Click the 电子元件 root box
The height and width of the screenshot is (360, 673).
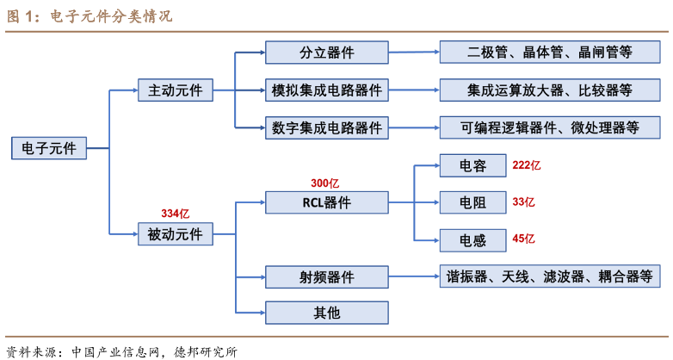[x=48, y=148]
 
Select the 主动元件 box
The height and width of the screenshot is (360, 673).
[x=176, y=90]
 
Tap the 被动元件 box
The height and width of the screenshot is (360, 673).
[x=176, y=233]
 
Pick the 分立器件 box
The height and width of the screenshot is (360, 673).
[x=327, y=53]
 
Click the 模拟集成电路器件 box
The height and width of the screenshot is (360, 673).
[x=327, y=90]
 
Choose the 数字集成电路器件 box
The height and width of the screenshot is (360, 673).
[x=327, y=127]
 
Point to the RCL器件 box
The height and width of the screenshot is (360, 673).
[x=327, y=202]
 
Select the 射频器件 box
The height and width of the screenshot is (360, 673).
[x=327, y=276]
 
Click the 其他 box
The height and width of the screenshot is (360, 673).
[x=327, y=312]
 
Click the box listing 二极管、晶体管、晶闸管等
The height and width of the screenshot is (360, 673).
[x=550, y=53]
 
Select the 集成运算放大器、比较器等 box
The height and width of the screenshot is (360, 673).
[x=550, y=90]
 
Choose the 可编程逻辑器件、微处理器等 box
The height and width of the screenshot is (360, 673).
[x=550, y=127]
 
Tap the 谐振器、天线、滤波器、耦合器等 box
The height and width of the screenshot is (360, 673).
[x=550, y=276]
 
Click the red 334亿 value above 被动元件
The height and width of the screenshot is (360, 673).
[x=175, y=213]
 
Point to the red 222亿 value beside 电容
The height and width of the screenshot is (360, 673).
[x=526, y=165]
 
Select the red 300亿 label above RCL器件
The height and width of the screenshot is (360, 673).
[x=325, y=183]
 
